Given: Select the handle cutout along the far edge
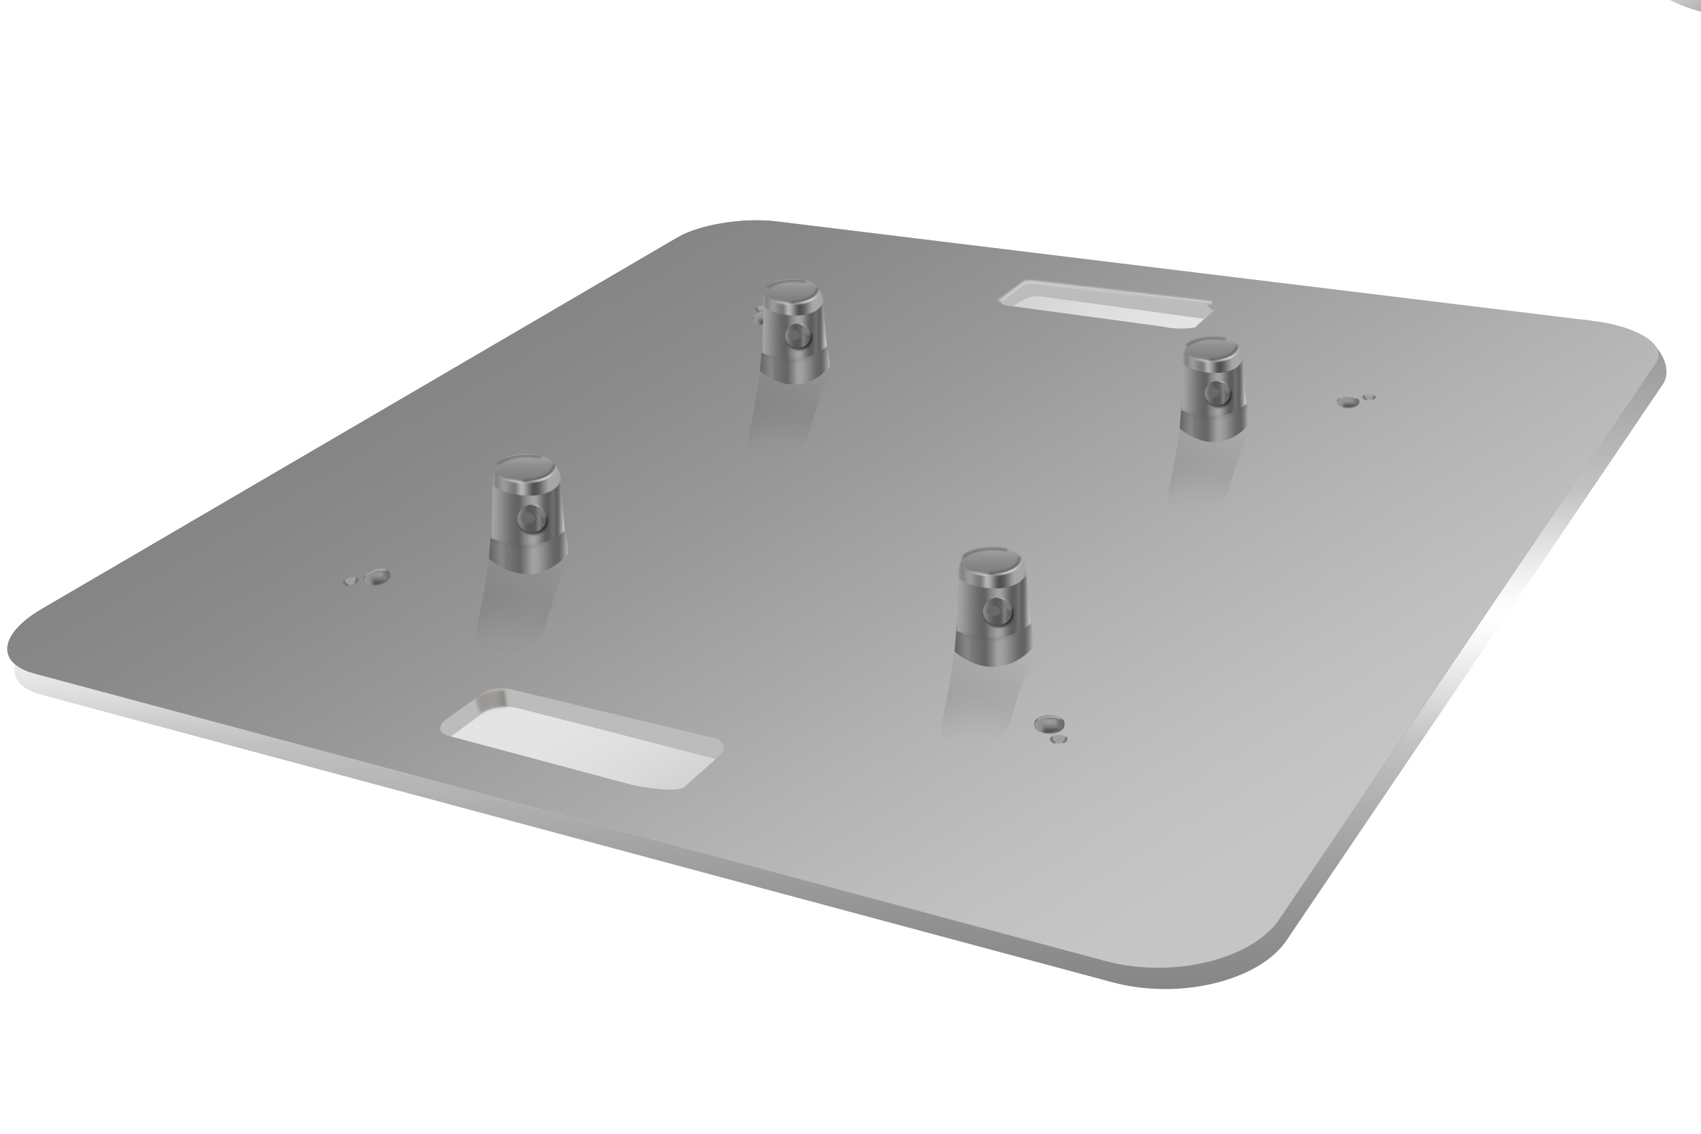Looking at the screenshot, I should pyautogui.click(x=1106, y=307).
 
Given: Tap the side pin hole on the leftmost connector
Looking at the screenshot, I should pyautogui.click(x=532, y=516).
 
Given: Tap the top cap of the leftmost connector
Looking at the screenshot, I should pyautogui.click(x=526, y=470).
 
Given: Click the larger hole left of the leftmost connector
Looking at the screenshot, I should pyautogui.click(x=378, y=576).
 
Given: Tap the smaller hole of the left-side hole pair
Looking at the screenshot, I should pyautogui.click(x=351, y=580).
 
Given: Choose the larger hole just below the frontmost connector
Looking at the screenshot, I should pyautogui.click(x=1049, y=723).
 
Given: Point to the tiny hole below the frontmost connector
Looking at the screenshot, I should pyautogui.click(x=1058, y=739).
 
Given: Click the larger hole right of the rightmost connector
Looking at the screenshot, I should pyautogui.click(x=1347, y=402).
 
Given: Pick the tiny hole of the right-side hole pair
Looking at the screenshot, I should pyautogui.click(x=1369, y=397).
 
